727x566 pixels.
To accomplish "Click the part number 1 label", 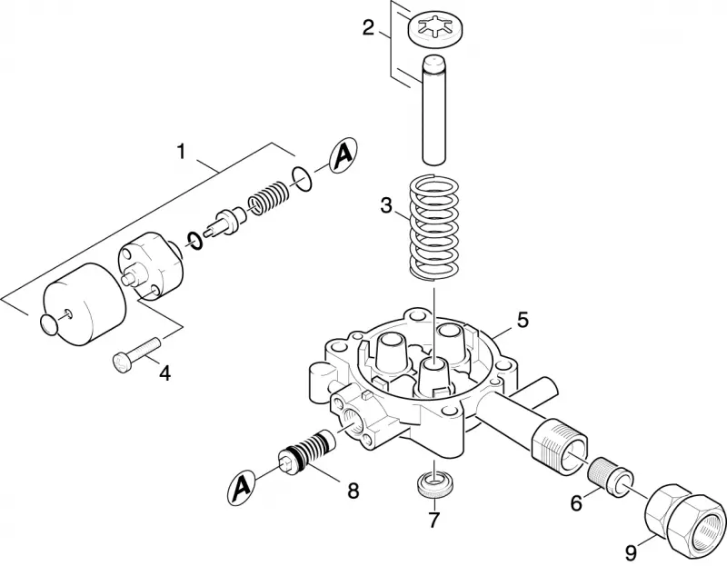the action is [x=181, y=152].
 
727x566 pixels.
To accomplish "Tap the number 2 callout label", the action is [x=368, y=28].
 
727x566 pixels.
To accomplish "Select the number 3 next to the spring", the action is [x=386, y=205].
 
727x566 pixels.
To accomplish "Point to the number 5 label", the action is [x=523, y=320].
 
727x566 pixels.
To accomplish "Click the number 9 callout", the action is [x=631, y=551].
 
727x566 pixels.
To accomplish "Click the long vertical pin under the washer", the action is [x=434, y=109].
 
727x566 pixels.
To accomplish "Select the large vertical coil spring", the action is [x=434, y=228].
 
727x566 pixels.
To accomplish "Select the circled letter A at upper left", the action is [x=344, y=155].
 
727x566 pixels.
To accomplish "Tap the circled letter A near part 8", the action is [x=242, y=488].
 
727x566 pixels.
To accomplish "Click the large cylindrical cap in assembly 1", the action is [x=85, y=303].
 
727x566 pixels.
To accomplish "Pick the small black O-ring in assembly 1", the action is [x=194, y=239].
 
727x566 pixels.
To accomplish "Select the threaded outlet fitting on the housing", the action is [x=559, y=439].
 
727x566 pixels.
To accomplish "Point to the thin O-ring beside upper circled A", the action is [x=302, y=179].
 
